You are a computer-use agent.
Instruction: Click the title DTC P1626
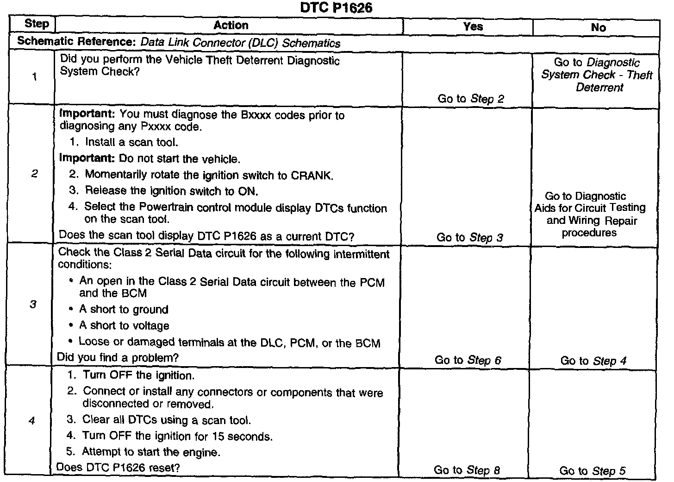[336, 7]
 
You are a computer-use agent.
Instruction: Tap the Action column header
[231, 25]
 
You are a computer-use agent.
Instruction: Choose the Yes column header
[473, 26]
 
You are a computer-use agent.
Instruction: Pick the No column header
[598, 28]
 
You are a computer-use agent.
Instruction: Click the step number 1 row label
[34, 77]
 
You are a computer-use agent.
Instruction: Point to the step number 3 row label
[33, 304]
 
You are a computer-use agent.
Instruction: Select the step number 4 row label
[31, 421]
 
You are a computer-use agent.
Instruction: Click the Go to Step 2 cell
[470, 99]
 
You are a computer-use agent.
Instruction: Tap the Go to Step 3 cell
[469, 238]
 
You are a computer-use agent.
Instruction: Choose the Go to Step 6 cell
[468, 360]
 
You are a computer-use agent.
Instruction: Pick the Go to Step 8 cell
[467, 470]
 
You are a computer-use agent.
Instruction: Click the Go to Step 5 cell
[592, 471]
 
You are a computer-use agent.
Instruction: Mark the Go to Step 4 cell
[593, 361]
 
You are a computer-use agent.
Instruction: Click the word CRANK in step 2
[312, 176]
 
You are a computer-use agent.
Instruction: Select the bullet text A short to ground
[124, 310]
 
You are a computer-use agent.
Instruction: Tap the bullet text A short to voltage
[124, 326]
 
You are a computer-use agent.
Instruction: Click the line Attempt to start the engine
[151, 452]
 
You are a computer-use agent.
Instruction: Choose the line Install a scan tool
[131, 142]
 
